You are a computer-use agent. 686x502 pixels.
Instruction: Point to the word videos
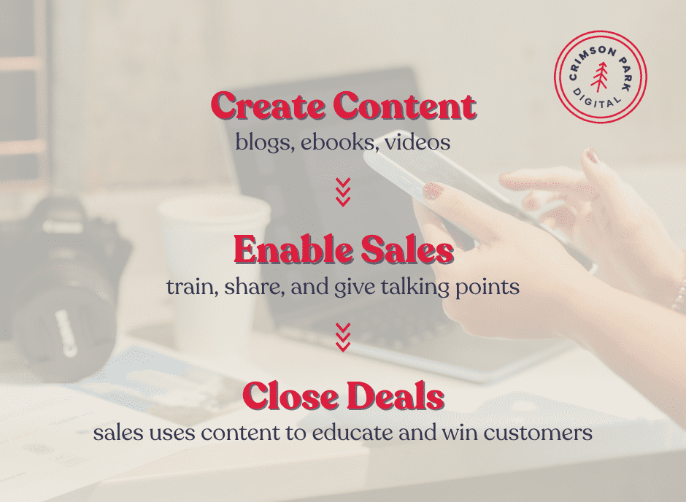coord(417,142)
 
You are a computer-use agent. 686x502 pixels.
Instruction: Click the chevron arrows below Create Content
coord(343,191)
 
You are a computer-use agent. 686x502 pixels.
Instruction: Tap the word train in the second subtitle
coord(187,287)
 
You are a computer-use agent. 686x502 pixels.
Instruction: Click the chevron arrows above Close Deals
coord(343,336)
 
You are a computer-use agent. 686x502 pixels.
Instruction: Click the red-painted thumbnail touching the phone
coord(433,191)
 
